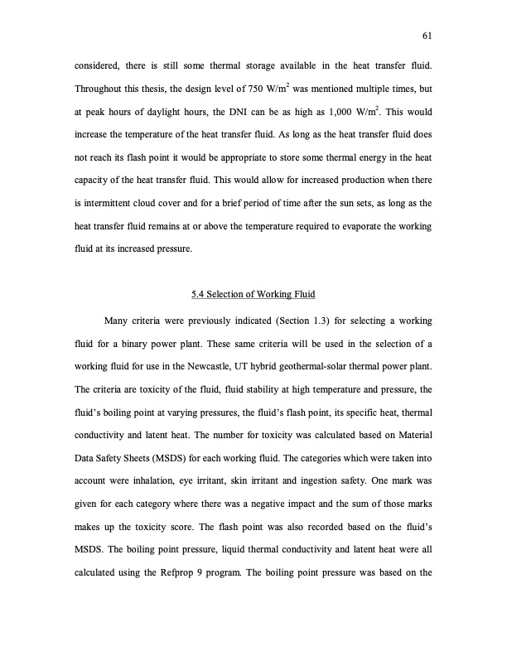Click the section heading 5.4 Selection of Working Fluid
[253, 296]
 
